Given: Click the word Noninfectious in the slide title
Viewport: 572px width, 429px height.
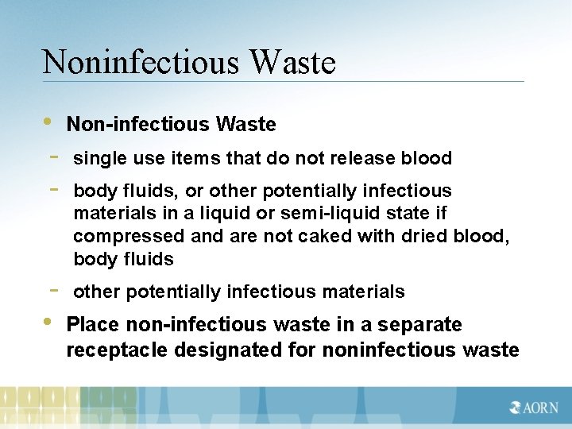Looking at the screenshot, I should (126, 62).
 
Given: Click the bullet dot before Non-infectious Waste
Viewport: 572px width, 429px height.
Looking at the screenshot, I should (48, 122).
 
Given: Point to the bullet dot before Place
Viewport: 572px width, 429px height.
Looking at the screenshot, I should (48, 322).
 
